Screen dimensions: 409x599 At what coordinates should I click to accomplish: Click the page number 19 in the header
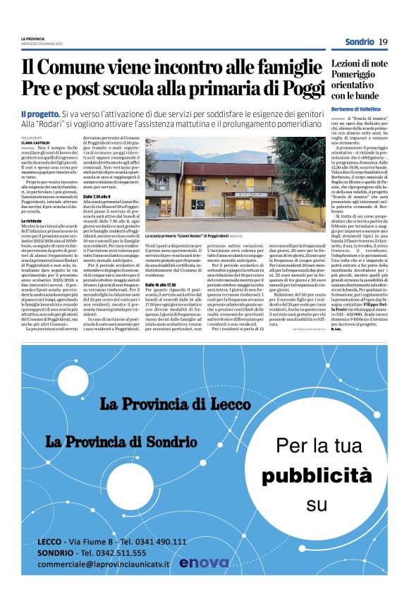383,42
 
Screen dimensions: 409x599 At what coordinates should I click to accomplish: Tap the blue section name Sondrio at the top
359,42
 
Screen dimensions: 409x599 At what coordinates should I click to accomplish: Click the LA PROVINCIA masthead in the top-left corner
32,37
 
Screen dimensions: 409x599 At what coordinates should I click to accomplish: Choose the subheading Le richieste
33,222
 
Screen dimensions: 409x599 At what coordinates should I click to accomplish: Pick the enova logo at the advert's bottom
204,563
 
